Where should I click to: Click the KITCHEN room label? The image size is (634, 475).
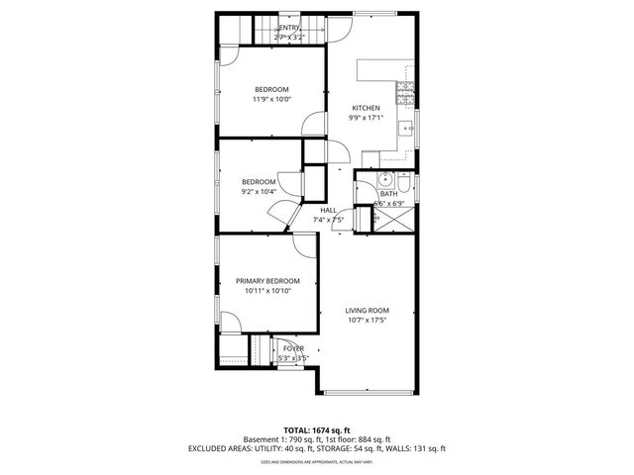367,108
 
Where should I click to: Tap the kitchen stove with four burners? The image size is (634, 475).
405,91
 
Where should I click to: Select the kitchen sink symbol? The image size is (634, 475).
407,129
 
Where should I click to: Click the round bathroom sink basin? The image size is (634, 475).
387,181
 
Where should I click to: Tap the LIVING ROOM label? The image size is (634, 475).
367,310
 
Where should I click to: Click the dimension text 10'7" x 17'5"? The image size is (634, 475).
367,321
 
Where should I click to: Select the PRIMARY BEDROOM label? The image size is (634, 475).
266,281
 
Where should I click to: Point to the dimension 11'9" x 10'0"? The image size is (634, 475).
272,99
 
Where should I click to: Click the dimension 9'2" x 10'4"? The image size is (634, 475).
259,192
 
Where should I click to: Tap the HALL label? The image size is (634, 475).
328,210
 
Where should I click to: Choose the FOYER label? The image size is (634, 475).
294,348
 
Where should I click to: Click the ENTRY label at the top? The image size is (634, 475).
289,28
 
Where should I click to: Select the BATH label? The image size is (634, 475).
389,193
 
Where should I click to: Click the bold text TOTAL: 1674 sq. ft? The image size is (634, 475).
317,430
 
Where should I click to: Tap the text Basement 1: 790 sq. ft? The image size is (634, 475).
277,439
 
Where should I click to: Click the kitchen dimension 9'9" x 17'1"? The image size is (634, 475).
367,118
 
